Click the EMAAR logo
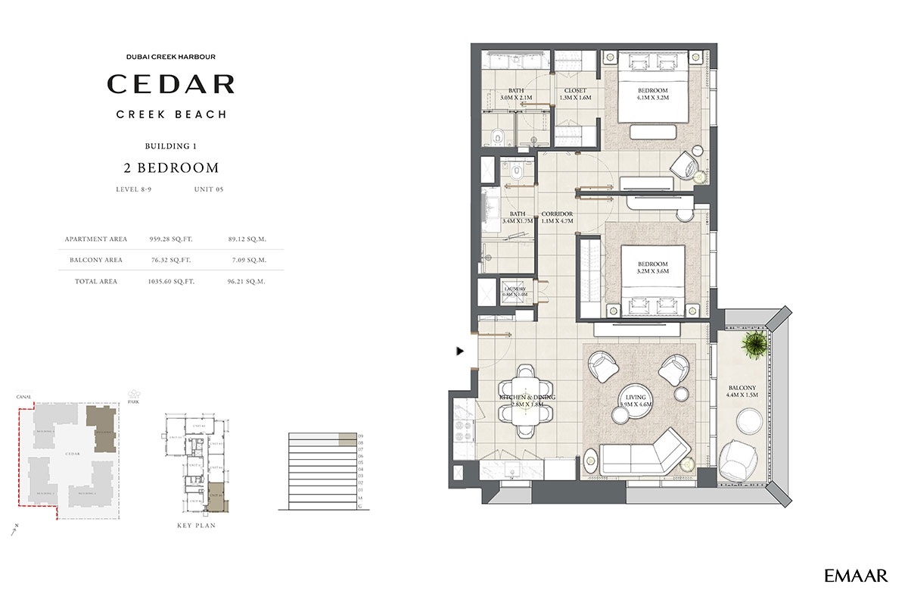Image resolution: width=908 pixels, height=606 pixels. coord(856,576)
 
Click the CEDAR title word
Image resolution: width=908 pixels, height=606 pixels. coord(170,84)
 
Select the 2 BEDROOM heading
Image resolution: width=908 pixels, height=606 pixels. coord(170,168)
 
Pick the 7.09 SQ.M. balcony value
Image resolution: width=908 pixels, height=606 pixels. coord(247,260)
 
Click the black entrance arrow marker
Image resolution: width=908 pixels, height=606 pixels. coord(459,351)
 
